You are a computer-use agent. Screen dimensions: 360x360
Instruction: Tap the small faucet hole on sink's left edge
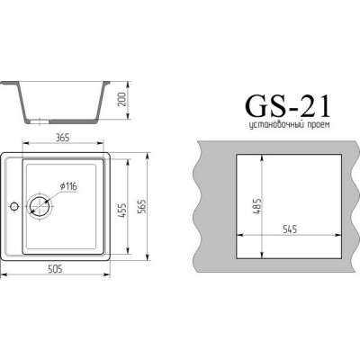tap(12, 206)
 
